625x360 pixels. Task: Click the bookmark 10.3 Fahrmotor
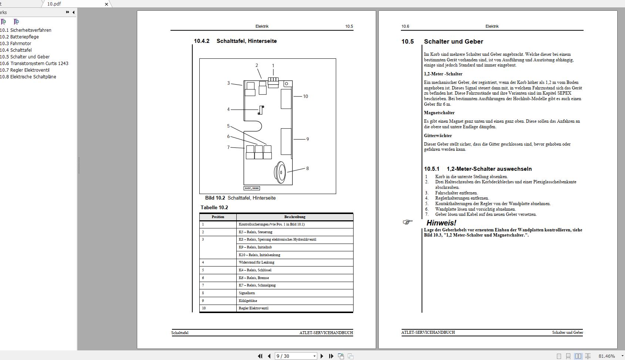21,44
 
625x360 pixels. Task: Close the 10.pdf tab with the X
107,4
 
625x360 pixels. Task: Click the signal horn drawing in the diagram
280,172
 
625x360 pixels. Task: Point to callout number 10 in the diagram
305,96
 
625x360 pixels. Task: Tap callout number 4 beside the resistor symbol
228,109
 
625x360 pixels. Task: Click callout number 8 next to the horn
307,169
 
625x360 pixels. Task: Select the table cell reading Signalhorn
247,293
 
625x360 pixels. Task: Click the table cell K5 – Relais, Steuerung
256,232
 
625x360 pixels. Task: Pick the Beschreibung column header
295,217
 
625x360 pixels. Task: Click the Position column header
218,217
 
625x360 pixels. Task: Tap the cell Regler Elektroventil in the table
254,308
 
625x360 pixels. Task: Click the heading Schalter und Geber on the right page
453,42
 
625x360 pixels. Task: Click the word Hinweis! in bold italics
441,223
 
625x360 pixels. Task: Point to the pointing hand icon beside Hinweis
408,222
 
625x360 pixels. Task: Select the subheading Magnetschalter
439,113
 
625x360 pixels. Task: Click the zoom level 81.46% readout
607,356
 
